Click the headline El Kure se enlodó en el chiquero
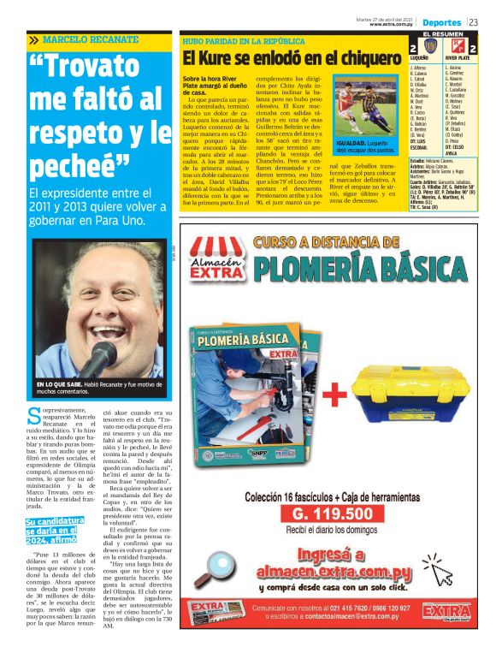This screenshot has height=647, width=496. click(x=291, y=59)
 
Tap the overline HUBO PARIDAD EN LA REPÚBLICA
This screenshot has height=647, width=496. click(x=244, y=40)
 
